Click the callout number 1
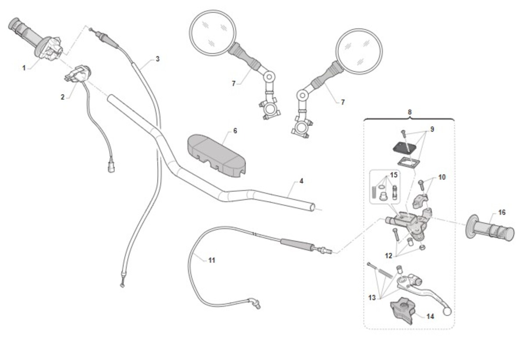pyautogui.click(x=24, y=68)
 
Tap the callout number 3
pyautogui.click(x=157, y=59)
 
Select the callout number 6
pyautogui.click(x=235, y=131)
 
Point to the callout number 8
pyautogui.click(x=409, y=112)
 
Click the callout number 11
pyautogui.click(x=212, y=260)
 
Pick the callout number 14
pyautogui.click(x=430, y=316)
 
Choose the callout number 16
pyautogui.click(x=502, y=212)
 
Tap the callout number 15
pyautogui.click(x=394, y=175)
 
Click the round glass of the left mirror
pyautogui.click(x=213, y=33)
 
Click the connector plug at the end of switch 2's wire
pyautogui.click(x=111, y=167)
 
